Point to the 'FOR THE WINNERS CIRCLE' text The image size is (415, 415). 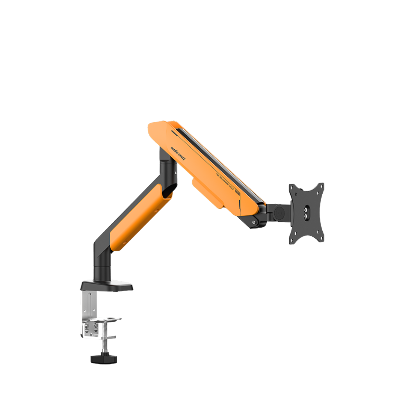pos(224,183)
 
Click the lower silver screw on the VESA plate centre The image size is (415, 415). pos(306,216)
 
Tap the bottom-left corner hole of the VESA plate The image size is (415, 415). pos(292,240)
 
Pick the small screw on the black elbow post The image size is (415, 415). pos(176,172)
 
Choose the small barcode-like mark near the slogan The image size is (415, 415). pos(237,194)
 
